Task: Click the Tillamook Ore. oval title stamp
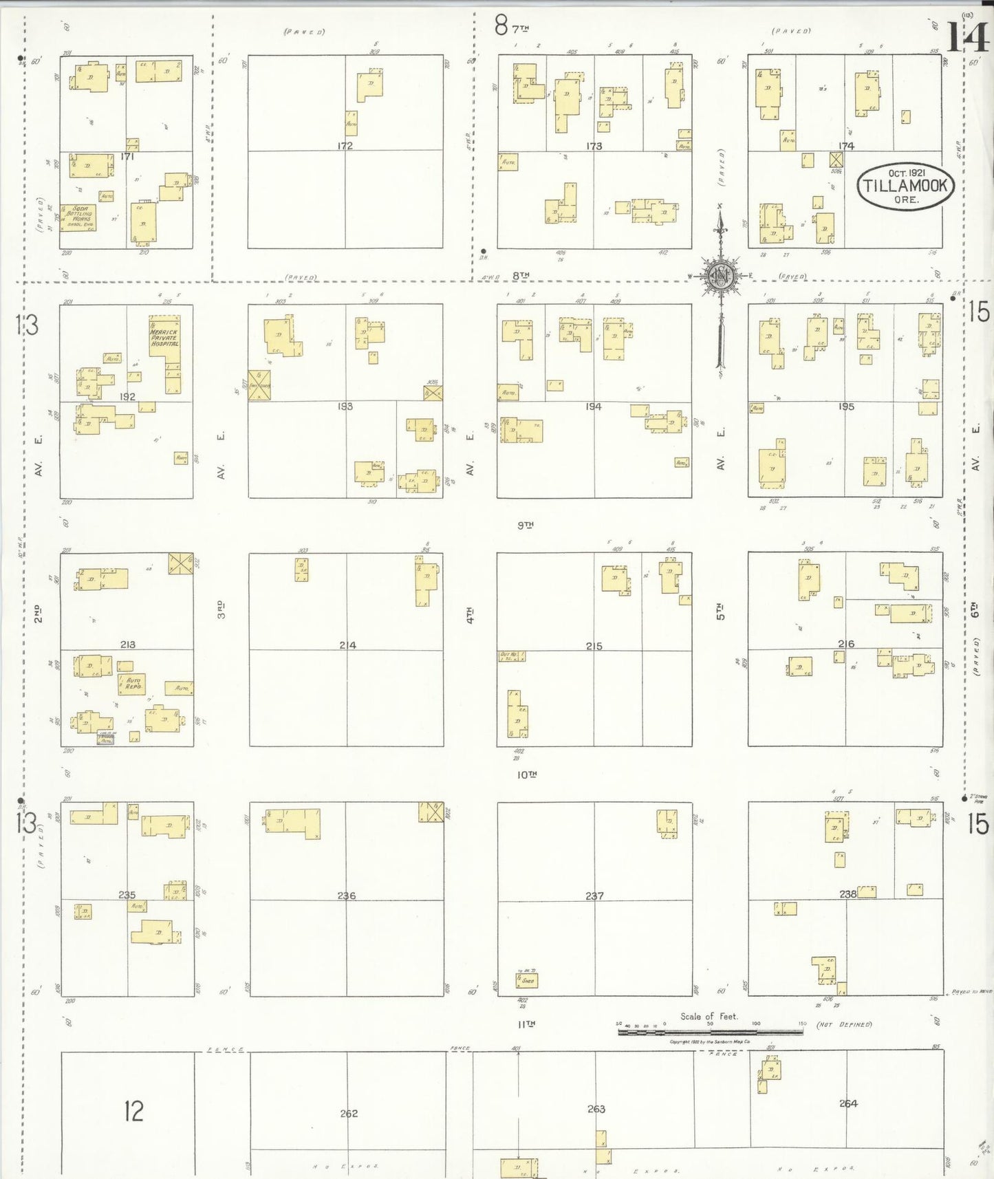[x=905, y=186]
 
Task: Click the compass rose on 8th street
[x=720, y=277]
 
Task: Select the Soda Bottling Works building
[x=78, y=217]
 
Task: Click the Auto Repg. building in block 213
[x=132, y=684]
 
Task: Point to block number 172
[x=345, y=146]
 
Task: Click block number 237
[x=594, y=896]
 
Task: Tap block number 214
[x=347, y=645]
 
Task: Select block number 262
[x=349, y=1113]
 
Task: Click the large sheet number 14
[x=967, y=37]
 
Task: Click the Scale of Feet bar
[x=710, y=1032]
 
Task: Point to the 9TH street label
[x=526, y=525]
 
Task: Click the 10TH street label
[x=526, y=775]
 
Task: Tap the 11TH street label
[x=526, y=1024]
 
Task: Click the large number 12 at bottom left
[x=133, y=1111]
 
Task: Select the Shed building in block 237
[x=526, y=980]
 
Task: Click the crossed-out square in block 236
[x=431, y=812]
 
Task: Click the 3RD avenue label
[x=221, y=609]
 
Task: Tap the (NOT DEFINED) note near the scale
[x=844, y=1024]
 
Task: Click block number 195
[x=846, y=407]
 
